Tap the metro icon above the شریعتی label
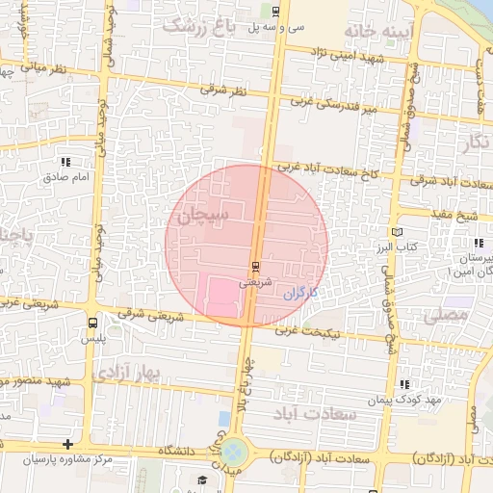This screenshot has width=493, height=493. coord(255,267)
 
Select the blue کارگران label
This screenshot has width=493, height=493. coord(300,292)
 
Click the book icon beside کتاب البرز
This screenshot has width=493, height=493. coord(397,233)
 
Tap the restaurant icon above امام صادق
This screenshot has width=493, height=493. coord(65,162)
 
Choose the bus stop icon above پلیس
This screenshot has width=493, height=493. coord(92,324)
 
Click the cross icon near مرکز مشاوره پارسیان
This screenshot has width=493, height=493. coord(67,444)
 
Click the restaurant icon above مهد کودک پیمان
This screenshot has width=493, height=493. coord(403,384)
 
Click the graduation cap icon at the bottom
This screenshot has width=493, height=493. coord(202,480)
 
